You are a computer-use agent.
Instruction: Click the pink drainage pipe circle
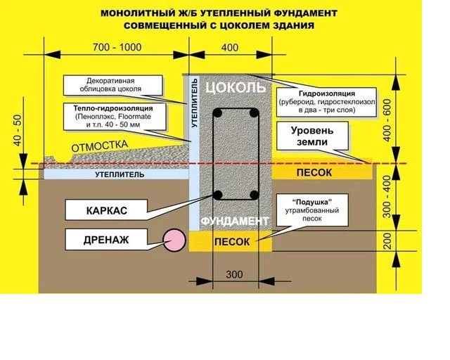pos(174,240)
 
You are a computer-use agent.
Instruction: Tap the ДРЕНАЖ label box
pos(106,240)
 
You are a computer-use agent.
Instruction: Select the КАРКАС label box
pos(106,210)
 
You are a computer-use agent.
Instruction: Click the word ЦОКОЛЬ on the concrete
pos(236,87)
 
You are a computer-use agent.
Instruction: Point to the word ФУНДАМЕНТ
pos(234,221)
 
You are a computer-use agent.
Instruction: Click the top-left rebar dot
pos(217,112)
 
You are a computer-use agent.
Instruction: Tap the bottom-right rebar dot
pos(254,195)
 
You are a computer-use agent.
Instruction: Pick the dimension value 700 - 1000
pos(117,47)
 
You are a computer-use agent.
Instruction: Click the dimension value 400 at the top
pos(230,47)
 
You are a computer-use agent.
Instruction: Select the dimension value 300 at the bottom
pos(234,274)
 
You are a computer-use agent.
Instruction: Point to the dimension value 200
pos(387,241)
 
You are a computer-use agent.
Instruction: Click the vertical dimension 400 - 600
pos(387,120)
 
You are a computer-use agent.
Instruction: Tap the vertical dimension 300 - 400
pos(387,196)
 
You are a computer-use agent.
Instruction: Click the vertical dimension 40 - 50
pos(17,130)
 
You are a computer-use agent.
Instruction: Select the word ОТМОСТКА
pos(99,146)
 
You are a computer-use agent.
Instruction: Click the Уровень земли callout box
pos(312,136)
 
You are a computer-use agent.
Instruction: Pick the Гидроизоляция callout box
pos(326,102)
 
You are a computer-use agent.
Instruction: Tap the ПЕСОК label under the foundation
pos(232,242)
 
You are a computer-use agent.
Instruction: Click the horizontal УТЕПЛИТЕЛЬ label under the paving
pos(120,174)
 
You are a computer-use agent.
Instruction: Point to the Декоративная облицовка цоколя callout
pos(112,85)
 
